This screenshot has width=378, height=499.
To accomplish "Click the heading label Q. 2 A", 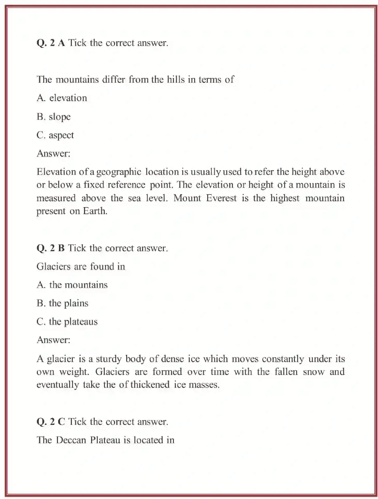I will [x=50, y=43].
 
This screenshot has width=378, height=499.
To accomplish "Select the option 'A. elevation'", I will [x=62, y=98].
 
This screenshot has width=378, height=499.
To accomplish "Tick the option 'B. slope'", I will [x=54, y=117].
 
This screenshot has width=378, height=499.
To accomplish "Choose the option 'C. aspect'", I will [x=55, y=135].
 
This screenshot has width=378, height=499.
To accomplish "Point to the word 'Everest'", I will [x=221, y=198].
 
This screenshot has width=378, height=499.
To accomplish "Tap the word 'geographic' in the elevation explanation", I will [x=119, y=172].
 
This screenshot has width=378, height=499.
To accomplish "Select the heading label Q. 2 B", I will [x=50, y=248].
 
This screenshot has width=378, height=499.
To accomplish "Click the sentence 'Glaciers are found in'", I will [x=81, y=266].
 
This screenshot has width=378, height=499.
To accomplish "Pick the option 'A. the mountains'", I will [x=72, y=285].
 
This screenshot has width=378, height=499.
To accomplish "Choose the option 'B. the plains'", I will [x=62, y=303].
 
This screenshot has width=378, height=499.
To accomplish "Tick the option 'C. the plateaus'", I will [x=67, y=322].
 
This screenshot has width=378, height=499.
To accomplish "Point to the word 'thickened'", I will [x=150, y=385].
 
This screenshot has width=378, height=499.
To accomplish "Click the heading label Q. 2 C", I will [x=50, y=422].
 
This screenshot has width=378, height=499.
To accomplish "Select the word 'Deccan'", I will [x=71, y=440].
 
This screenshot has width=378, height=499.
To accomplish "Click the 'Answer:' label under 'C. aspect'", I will [x=53, y=154].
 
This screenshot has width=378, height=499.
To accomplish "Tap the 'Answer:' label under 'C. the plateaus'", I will [x=53, y=340].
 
